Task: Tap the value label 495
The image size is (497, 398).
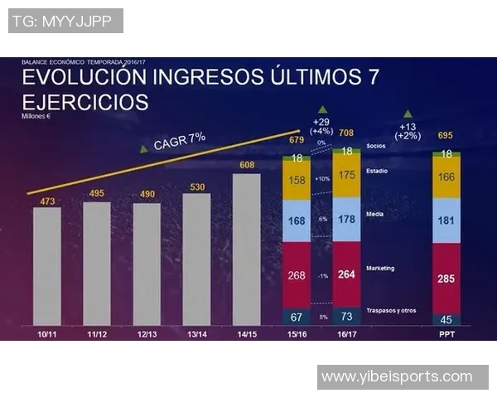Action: (x=97, y=194)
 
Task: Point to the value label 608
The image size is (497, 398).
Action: (x=246, y=166)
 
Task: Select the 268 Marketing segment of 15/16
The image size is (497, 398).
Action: (x=297, y=275)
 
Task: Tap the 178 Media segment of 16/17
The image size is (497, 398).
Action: (x=346, y=219)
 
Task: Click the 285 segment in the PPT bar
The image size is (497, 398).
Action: (x=446, y=279)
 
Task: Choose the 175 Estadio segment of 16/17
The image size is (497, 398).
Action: (x=346, y=175)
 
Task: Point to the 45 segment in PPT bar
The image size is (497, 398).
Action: (x=446, y=319)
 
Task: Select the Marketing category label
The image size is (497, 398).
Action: (x=380, y=268)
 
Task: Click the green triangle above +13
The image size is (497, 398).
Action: (x=407, y=114)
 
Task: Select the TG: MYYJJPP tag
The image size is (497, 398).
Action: (x=65, y=20)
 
